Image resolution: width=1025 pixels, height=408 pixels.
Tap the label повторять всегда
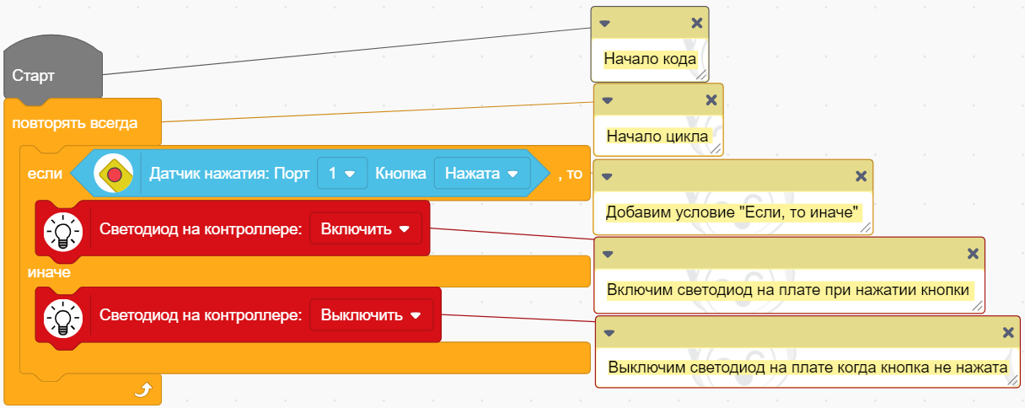click(x=75, y=123)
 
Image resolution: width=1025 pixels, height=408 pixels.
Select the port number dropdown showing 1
click(x=341, y=174)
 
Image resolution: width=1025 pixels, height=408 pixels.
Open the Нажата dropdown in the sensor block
click(x=481, y=174)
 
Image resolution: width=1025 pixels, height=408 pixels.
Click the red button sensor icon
click(x=115, y=174)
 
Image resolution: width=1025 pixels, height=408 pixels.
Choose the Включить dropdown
click(x=365, y=228)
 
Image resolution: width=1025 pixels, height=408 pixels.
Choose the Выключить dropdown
click(x=371, y=315)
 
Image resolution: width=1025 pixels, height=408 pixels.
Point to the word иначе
click(x=48, y=273)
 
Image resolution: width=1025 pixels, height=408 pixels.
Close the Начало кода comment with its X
click(x=696, y=23)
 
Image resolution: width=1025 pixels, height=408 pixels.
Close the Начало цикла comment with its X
click(x=711, y=99)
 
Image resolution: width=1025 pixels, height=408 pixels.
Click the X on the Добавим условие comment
click(x=861, y=176)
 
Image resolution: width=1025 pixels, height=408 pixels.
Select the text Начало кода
click(x=650, y=60)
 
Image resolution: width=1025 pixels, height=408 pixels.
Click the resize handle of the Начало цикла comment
click(x=716, y=148)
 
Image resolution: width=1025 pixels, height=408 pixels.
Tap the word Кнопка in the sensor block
click(x=400, y=174)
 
